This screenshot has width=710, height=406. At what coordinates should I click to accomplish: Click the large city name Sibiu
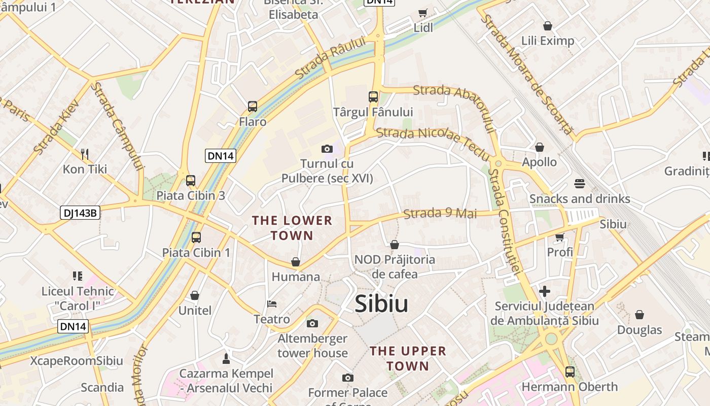(381, 303)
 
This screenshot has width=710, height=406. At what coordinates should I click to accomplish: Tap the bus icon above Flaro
(253, 107)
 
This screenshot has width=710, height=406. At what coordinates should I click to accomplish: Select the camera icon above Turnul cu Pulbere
(327, 149)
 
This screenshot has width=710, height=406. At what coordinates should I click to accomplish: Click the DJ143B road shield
(80, 213)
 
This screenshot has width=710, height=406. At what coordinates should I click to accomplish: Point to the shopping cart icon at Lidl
(422, 13)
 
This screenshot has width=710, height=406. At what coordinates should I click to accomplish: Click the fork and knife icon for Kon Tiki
(85, 154)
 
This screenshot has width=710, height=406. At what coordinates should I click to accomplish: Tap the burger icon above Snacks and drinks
(580, 183)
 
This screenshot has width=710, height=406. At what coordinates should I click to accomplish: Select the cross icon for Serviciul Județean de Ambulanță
(544, 291)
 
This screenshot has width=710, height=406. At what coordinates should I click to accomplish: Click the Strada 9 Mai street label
(440, 213)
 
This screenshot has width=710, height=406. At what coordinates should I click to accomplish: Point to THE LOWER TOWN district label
(292, 228)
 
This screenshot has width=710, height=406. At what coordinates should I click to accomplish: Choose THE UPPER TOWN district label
(408, 358)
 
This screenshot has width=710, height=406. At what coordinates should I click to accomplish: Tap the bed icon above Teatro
(272, 304)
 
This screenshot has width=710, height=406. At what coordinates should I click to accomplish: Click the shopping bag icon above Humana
(296, 262)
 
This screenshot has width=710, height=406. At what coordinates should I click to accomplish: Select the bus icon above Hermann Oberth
(570, 371)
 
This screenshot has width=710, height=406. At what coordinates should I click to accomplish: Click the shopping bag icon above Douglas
(639, 315)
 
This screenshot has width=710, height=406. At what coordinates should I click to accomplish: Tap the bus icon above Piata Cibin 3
(191, 180)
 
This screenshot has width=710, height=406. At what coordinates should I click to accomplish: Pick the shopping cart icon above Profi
(560, 236)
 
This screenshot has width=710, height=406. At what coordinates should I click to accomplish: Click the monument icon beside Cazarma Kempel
(226, 358)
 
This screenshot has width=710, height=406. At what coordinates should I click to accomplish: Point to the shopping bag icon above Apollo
(540, 147)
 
